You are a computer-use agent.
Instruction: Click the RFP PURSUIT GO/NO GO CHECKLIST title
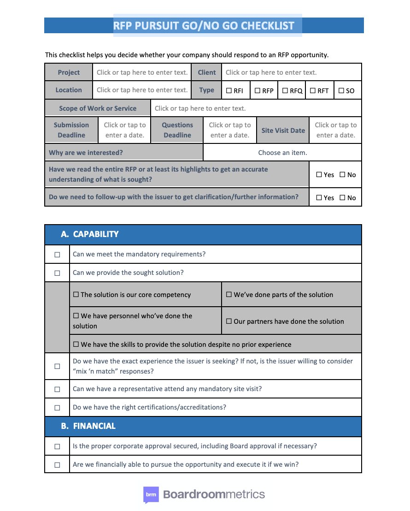pyautogui.click(x=204, y=25)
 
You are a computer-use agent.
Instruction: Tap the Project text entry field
pyautogui.click(x=142, y=72)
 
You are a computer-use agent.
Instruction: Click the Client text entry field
pyautogui.click(x=271, y=72)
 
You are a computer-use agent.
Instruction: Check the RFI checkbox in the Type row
pyautogui.click(x=229, y=91)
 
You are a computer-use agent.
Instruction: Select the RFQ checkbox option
pyautogui.click(x=285, y=91)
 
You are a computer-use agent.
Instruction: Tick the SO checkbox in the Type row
pyautogui.click(x=341, y=91)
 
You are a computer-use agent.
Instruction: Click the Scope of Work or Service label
pyautogui.click(x=98, y=108)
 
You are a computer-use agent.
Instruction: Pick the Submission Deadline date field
pyautogui.click(x=124, y=130)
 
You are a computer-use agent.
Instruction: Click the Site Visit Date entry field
pyautogui.click(x=335, y=130)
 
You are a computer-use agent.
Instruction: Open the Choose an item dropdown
pyautogui.click(x=282, y=153)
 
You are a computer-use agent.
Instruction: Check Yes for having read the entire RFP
pyautogui.click(x=320, y=175)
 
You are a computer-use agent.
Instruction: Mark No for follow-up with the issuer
pyautogui.click(x=342, y=198)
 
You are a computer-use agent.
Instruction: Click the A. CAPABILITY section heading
pyautogui.click(x=90, y=234)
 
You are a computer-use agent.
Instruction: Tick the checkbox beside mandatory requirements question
pyautogui.click(x=57, y=255)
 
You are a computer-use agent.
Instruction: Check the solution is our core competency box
pyautogui.click(x=76, y=295)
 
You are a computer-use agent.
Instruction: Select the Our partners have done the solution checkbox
pyautogui.click(x=229, y=321)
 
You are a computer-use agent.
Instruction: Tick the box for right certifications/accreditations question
pyautogui.click(x=57, y=408)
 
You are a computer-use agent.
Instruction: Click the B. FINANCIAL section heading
pyautogui.click(x=88, y=426)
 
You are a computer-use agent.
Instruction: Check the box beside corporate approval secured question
pyautogui.click(x=57, y=446)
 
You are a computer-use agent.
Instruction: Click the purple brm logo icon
pyautogui.click(x=151, y=495)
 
